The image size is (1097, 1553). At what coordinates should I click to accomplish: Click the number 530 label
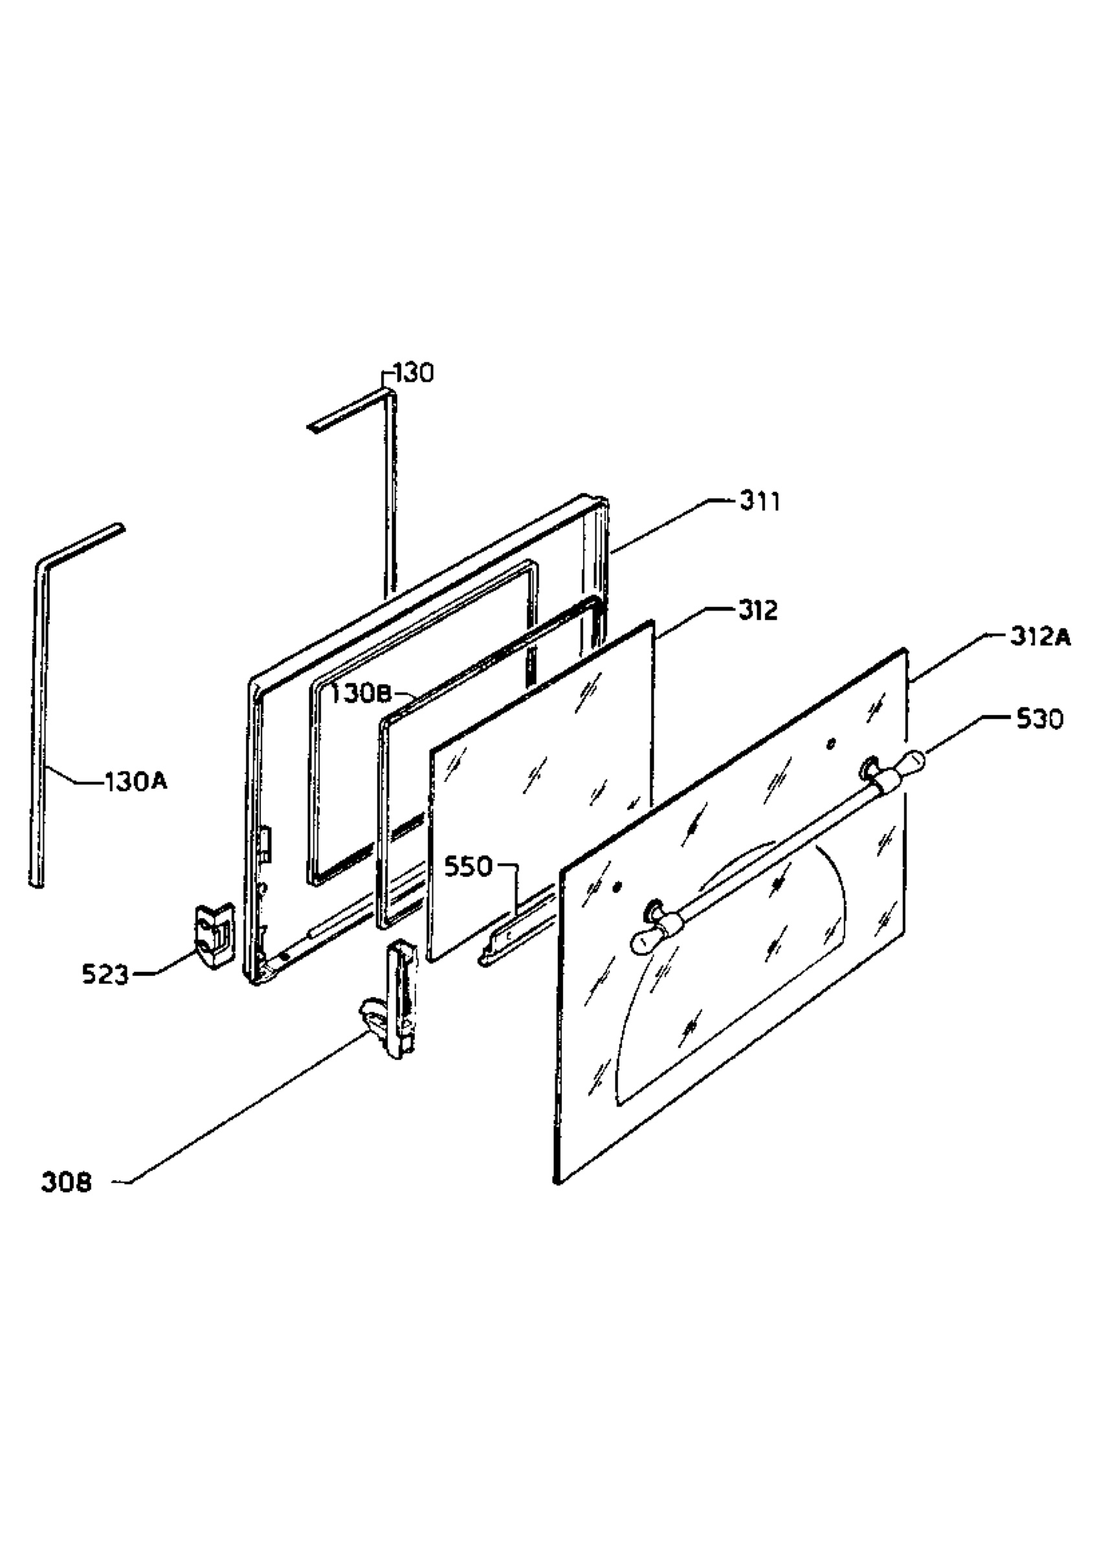[1040, 719]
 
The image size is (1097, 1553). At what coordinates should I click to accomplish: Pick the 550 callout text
[468, 866]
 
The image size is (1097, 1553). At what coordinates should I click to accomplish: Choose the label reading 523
[105, 975]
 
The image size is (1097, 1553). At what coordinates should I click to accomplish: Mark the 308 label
[65, 1183]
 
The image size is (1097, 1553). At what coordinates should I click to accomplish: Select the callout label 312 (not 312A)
[758, 611]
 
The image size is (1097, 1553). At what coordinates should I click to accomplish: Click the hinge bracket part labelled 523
[214, 936]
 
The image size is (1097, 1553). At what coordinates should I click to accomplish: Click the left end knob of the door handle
[645, 940]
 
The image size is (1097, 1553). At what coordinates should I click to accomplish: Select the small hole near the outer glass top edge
[831, 745]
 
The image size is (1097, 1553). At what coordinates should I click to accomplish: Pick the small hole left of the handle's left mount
[616, 886]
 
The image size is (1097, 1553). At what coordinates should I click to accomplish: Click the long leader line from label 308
[247, 1108]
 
